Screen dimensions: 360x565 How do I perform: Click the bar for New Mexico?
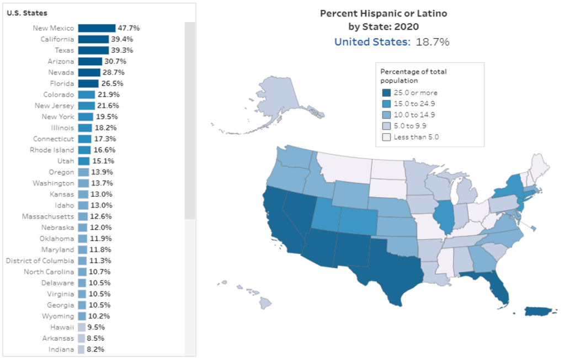[x=97, y=28]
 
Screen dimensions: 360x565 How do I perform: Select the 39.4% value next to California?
[x=121, y=39]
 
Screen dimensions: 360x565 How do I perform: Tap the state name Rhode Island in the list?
[x=52, y=150]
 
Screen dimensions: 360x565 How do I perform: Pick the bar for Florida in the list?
[x=88, y=83]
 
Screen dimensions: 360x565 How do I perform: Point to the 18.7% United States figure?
[x=432, y=42]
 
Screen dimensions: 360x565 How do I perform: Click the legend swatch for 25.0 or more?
[x=386, y=93]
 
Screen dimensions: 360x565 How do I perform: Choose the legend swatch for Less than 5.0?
[x=386, y=137]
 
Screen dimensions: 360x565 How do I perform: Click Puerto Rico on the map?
[x=538, y=312]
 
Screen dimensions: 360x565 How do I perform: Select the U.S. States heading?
[x=27, y=13]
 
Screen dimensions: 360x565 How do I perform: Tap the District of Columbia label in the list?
[x=40, y=261]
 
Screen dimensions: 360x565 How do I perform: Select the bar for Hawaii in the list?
[x=82, y=327]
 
